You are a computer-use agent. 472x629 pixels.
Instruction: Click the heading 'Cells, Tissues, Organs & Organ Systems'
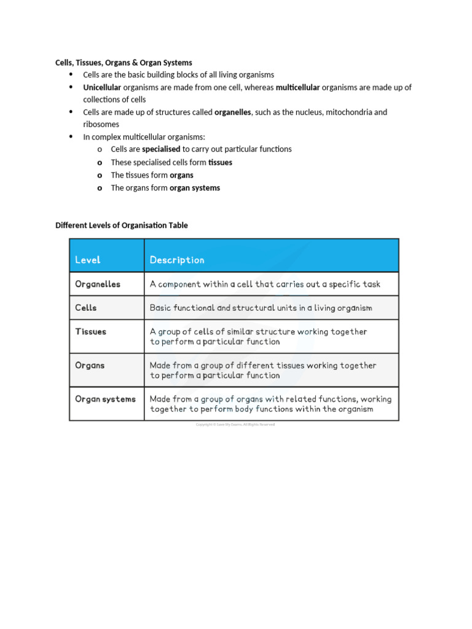(x=124, y=63)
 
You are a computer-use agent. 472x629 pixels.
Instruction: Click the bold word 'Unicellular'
(x=102, y=87)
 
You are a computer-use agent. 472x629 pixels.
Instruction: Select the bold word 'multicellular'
(x=297, y=87)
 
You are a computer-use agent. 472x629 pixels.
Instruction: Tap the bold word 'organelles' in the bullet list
(x=232, y=112)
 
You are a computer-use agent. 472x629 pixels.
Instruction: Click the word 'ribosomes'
(x=101, y=125)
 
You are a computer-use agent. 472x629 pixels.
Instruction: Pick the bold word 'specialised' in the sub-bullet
(x=161, y=149)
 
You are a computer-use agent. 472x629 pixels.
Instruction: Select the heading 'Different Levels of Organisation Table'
(x=122, y=225)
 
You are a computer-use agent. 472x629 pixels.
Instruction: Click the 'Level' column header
(x=88, y=260)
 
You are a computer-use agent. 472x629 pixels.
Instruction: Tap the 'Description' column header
(x=177, y=260)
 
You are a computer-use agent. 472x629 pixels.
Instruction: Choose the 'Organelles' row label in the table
(x=98, y=284)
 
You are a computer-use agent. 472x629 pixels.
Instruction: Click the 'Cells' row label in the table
(x=86, y=308)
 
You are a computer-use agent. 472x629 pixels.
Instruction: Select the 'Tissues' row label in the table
(x=90, y=332)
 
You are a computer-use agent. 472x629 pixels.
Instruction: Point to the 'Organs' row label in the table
(x=90, y=365)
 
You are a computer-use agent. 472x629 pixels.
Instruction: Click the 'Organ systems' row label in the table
(x=105, y=399)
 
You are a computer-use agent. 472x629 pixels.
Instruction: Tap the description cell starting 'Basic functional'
(x=261, y=308)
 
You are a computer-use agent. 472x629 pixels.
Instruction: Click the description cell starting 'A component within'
(x=265, y=284)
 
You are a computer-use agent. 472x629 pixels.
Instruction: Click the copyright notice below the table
(x=235, y=424)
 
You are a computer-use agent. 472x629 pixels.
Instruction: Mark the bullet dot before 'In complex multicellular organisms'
(x=71, y=136)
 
